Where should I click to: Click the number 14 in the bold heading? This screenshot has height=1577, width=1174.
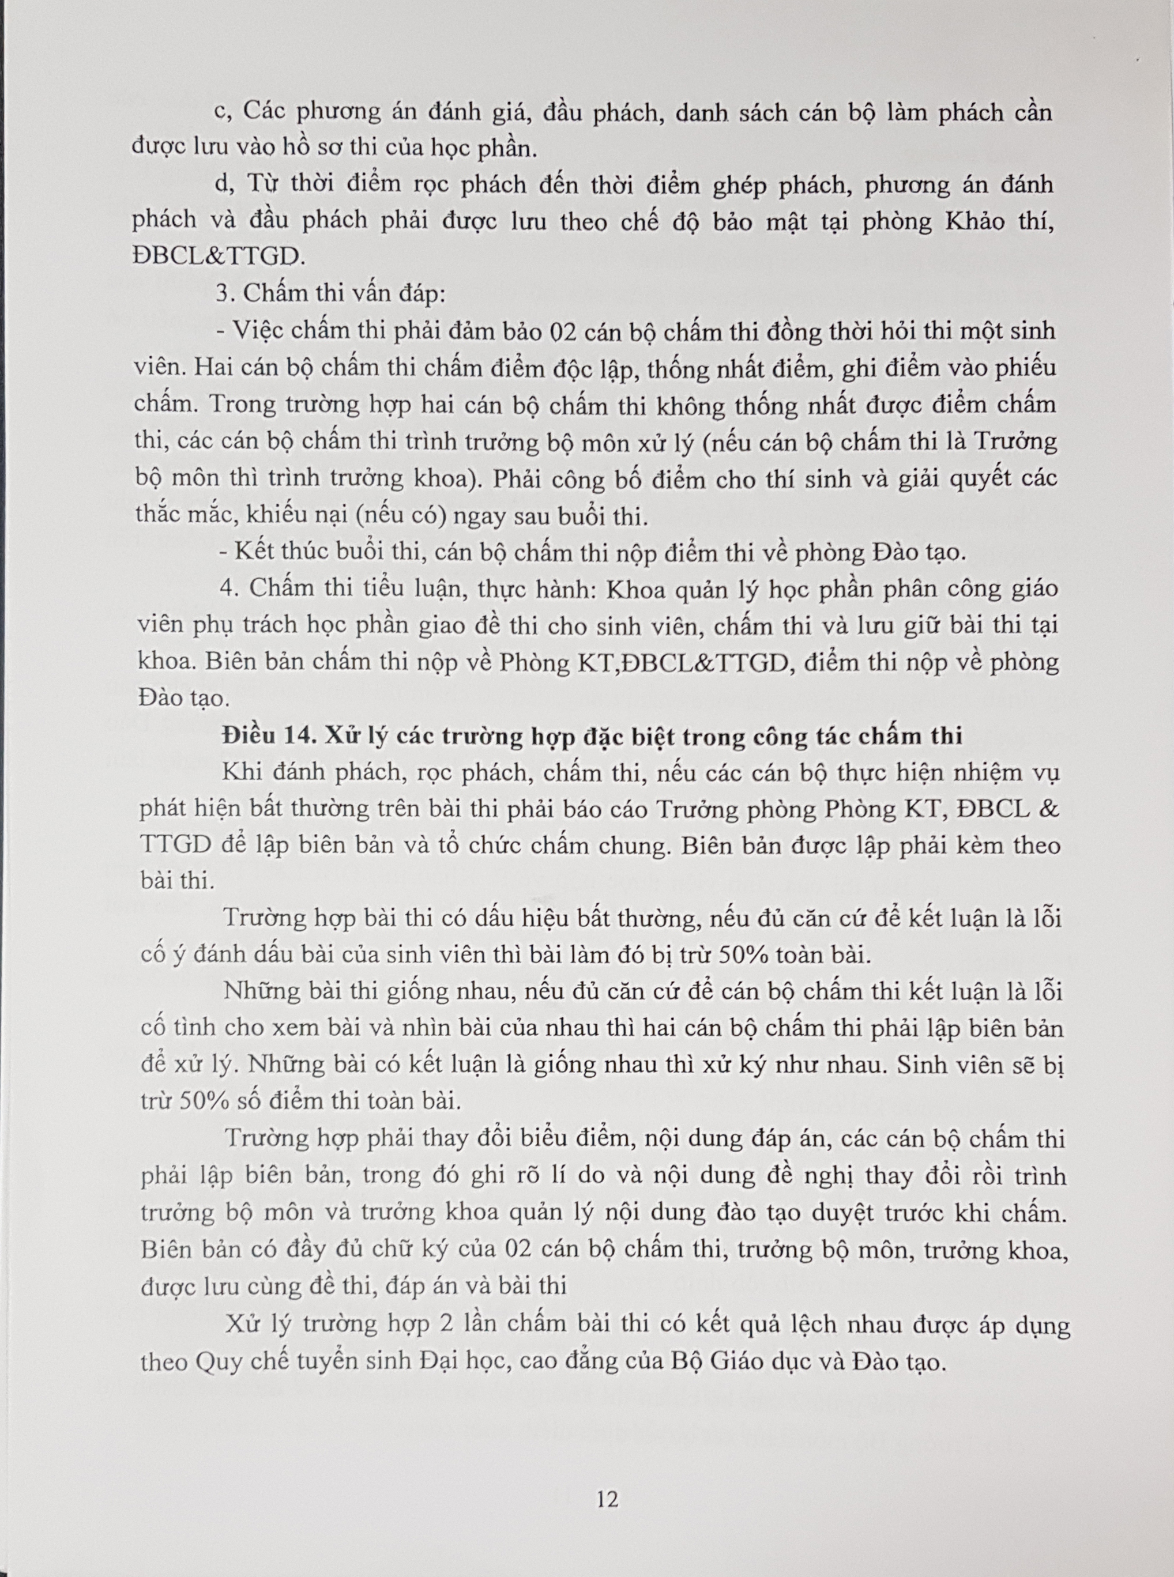pyautogui.click(x=299, y=736)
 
